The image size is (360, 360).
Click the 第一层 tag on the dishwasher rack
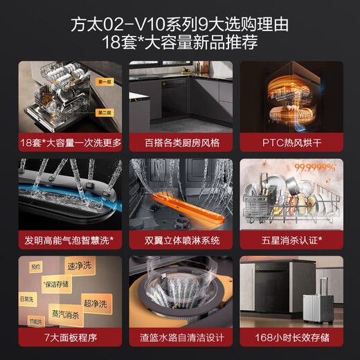click(104, 82)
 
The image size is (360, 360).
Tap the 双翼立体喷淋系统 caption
click(180, 240)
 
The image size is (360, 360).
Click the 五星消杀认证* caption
click(291, 240)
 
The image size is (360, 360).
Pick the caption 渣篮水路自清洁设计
click(180, 338)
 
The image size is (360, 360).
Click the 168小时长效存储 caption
click(291, 338)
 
